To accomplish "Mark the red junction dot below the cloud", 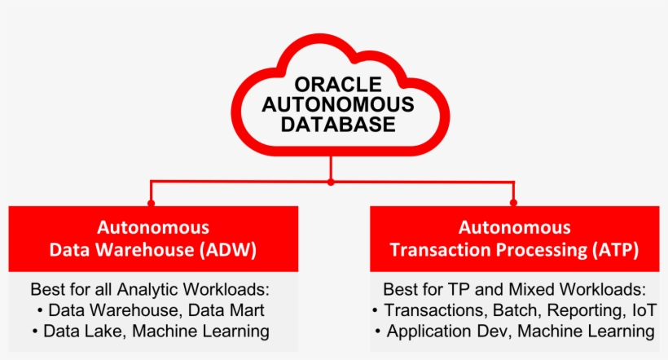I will (x=331, y=181).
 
